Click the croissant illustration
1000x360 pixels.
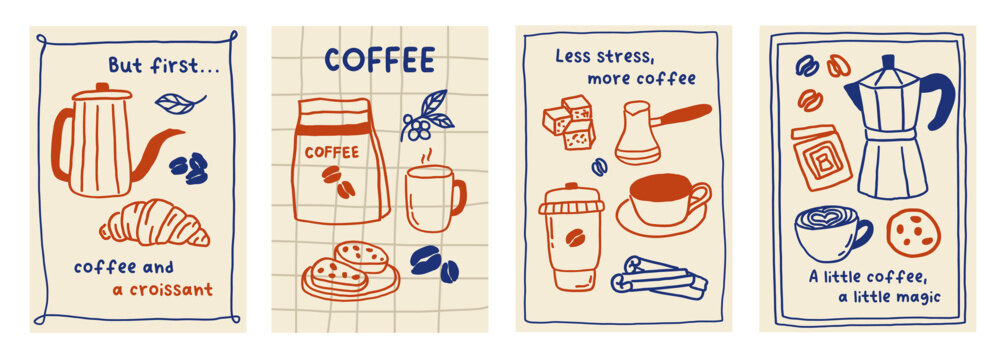(x=155, y=224)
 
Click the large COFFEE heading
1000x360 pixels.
(x=379, y=60)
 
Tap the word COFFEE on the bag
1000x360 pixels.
(x=330, y=152)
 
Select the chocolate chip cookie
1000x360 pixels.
(x=912, y=231)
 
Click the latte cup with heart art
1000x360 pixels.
(x=829, y=233)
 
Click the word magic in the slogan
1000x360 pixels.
(x=918, y=297)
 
